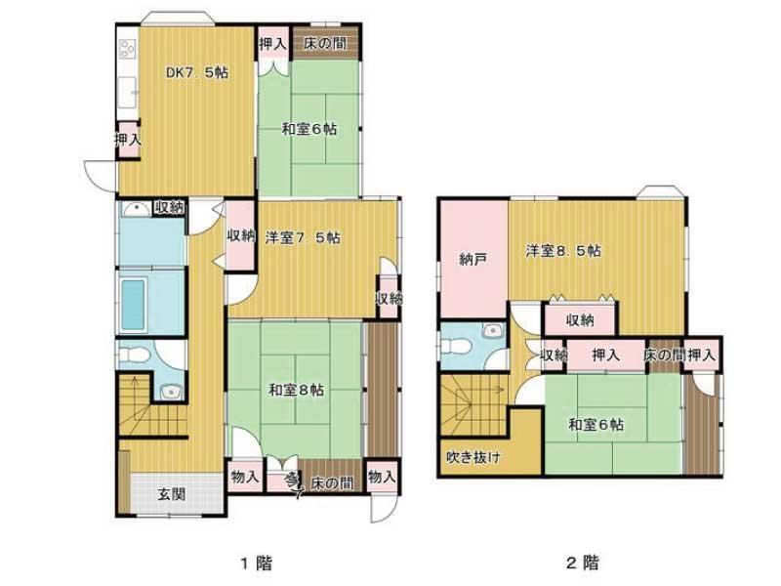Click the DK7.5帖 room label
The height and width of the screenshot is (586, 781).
(197, 72)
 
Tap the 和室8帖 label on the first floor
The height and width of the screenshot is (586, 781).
(297, 390)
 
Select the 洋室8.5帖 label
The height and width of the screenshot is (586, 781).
(563, 250)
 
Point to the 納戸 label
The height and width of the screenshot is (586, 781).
(473, 259)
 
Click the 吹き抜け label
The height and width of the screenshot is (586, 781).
(473, 457)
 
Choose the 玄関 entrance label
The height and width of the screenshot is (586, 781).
(172, 494)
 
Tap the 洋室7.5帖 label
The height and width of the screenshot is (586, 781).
(303, 237)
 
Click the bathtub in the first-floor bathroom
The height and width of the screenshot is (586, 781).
(133, 305)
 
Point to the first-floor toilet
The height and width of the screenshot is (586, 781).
(134, 355)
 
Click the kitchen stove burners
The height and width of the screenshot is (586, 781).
(128, 49)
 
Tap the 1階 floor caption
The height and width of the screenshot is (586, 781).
(257, 564)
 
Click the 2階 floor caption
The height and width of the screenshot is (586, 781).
(583, 564)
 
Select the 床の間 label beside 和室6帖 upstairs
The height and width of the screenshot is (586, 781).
(665, 356)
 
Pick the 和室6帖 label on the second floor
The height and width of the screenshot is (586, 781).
(596, 425)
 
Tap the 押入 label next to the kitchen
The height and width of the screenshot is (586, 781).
(128, 140)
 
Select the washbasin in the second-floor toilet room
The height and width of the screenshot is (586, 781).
(493, 330)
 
